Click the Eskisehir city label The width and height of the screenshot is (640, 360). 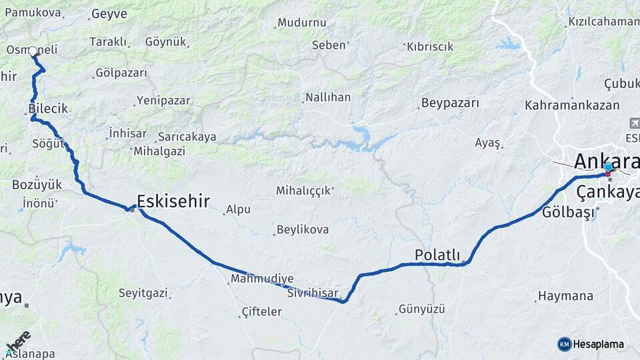pyautogui.click(x=173, y=201)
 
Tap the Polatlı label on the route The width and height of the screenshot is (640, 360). pyautogui.click(x=437, y=255)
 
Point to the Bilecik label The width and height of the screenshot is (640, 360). pyautogui.click(x=48, y=108)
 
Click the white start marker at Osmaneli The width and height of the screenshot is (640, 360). pyautogui.click(x=33, y=51)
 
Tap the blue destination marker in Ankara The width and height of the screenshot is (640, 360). pyautogui.click(x=608, y=167)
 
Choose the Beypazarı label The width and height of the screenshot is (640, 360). pyautogui.click(x=450, y=103)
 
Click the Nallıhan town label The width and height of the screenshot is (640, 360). pyautogui.click(x=327, y=97)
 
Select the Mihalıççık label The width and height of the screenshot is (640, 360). pyautogui.click(x=303, y=191)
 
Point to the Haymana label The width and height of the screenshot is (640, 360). pyautogui.click(x=565, y=295)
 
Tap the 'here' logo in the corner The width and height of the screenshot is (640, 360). pyautogui.click(x=19, y=341)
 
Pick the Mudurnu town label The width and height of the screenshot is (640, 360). pyautogui.click(x=302, y=22)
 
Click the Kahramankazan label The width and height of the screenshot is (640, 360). pyautogui.click(x=572, y=105)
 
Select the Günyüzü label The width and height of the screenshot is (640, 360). pyautogui.click(x=421, y=309)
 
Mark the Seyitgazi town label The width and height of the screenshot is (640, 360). pyautogui.click(x=143, y=293)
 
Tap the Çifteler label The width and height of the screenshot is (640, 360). pyautogui.click(x=261, y=311)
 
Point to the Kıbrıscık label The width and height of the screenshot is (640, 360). pyautogui.click(x=429, y=47)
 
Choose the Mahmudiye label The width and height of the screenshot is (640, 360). pyautogui.click(x=262, y=279)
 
